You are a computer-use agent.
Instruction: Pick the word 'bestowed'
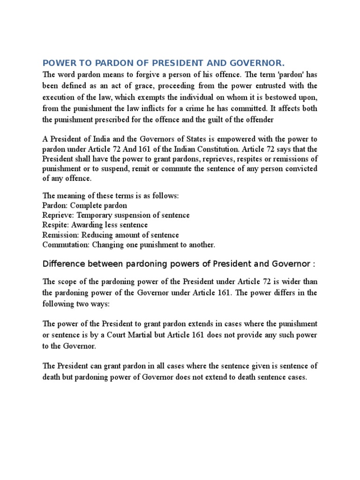(x=281, y=97)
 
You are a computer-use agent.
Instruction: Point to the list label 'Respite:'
(x=56, y=225)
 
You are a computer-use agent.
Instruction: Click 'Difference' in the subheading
(x=62, y=264)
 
